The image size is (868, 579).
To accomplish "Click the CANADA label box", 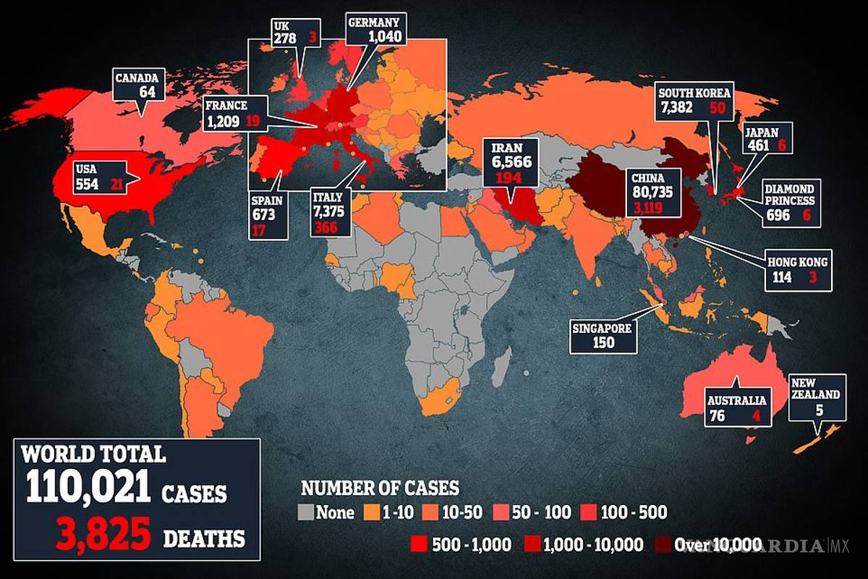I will click(140, 85).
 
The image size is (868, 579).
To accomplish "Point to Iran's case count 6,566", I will click(513, 163).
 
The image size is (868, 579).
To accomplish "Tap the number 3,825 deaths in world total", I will click(101, 536).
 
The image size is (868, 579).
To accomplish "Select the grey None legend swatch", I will click(305, 513).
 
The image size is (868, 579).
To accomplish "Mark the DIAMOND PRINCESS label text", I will click(790, 193).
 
